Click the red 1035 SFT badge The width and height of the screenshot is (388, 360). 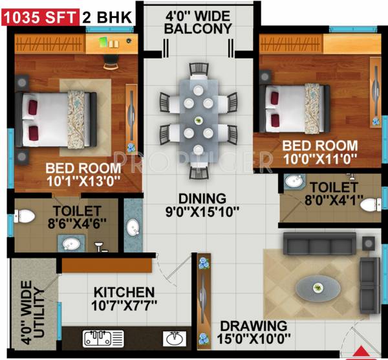(x=40, y=14)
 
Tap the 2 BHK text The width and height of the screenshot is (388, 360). (x=109, y=14)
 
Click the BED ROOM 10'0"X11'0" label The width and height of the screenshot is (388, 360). (x=319, y=152)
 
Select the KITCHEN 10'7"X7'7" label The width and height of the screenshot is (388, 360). (x=123, y=298)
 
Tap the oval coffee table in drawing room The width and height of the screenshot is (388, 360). (x=317, y=286)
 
